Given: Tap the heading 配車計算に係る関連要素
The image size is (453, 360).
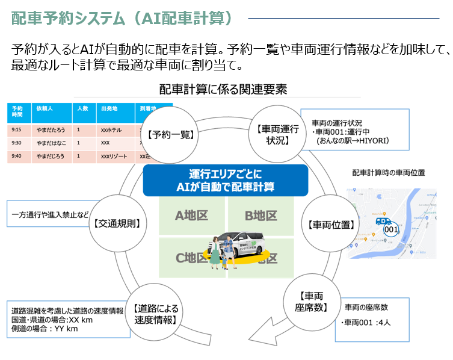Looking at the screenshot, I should [223, 89].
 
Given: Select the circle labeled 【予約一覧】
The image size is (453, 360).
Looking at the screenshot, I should [172, 134].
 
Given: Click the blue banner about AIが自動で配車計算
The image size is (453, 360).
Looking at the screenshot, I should [225, 180].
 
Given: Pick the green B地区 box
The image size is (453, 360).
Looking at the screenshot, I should [260, 216].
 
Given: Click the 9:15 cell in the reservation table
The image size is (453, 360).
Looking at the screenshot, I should [16, 129].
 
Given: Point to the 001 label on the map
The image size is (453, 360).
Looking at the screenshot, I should [391, 229].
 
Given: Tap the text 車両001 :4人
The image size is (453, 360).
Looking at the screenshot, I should [367, 323].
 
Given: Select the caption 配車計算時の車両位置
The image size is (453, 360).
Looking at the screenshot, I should [389, 173].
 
